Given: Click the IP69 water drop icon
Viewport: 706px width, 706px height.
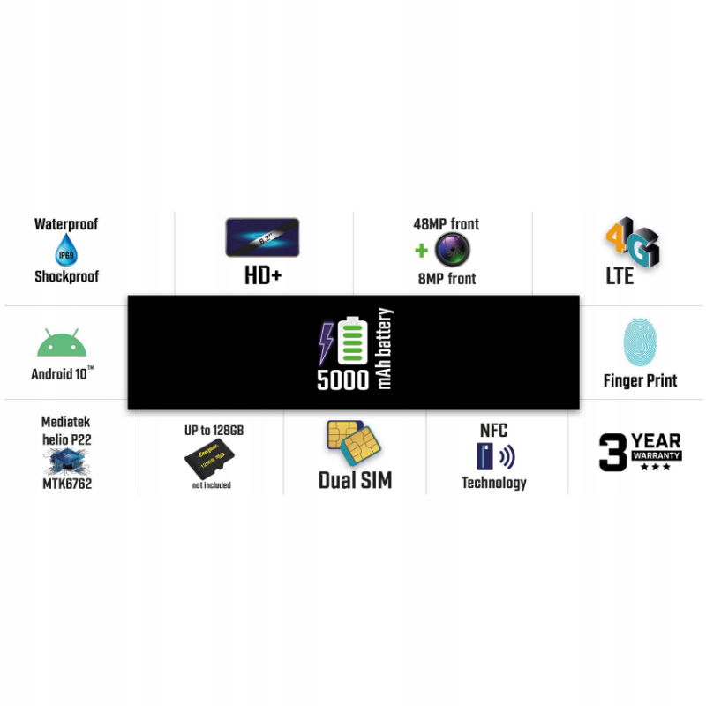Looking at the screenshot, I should click(66, 251).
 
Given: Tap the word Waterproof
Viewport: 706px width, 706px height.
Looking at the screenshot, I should click(66, 224).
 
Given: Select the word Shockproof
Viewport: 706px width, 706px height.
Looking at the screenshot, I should click(66, 276).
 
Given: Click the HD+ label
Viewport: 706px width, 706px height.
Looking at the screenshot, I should click(263, 276).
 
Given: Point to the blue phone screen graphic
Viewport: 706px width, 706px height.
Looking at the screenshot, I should click(263, 237).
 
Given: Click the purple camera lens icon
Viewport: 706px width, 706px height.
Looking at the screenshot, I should click(453, 250).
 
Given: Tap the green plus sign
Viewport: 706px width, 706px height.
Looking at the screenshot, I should click(422, 251).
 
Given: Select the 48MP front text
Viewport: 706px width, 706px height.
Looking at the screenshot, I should click(446, 224).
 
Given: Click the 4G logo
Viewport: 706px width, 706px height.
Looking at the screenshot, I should click(632, 244).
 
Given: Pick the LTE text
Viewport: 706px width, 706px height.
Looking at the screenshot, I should click(620, 276).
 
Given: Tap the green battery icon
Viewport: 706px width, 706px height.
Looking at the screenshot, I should click(353, 341).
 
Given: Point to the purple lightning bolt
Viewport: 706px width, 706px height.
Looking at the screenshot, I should click(327, 342).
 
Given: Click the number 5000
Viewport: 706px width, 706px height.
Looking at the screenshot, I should click(342, 380).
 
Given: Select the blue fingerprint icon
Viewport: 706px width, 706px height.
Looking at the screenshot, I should click(640, 342).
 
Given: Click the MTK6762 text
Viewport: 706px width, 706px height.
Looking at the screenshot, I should click(66, 484).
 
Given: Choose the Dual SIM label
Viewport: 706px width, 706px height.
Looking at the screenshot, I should click(355, 481).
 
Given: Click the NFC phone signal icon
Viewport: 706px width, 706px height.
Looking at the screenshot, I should click(494, 456).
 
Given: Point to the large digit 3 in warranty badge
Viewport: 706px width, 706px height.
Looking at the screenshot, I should click(612, 453).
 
